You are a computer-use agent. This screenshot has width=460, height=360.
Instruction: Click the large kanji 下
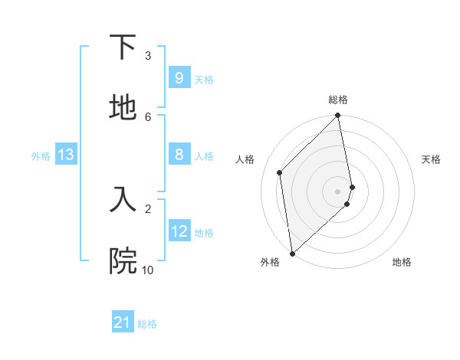123,47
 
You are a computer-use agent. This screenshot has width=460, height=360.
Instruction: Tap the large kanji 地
123,108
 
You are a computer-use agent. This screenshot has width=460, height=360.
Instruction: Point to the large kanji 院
123,260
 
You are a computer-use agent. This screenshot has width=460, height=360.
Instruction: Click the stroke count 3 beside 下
148,56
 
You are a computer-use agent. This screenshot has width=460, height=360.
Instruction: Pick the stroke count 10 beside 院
147,270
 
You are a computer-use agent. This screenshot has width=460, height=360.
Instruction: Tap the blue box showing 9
179,77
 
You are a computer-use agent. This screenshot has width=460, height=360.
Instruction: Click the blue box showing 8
179,155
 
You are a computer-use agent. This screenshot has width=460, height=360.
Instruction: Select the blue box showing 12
179,231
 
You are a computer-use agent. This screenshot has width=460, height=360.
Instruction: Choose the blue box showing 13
65,155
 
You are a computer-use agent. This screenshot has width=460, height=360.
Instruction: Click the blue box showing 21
123,322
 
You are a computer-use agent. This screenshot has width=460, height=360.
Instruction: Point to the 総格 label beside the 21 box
147,324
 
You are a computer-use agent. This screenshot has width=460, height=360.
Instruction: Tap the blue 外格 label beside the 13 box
41,156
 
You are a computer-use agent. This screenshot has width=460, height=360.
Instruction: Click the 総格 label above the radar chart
338,100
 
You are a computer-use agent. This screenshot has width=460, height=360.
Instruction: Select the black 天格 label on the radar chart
432,159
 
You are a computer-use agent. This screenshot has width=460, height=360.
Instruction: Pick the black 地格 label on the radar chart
402,262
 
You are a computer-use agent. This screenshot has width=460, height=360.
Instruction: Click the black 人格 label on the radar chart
245,159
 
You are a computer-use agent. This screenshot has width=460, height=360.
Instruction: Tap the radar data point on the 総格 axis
338,116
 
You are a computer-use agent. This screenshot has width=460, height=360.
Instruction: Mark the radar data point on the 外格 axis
291,254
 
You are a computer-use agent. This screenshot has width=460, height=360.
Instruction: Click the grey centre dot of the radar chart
338,191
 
